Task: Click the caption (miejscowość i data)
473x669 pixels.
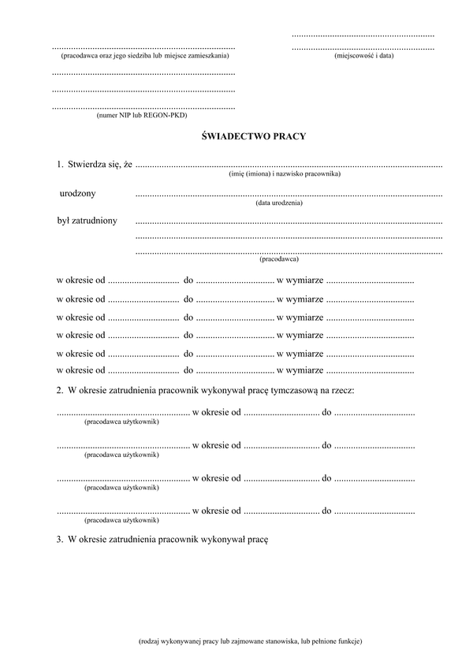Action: (363, 56)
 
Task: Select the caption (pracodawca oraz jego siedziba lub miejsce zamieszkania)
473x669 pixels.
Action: (144, 57)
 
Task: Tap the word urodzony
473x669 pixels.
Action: (78, 193)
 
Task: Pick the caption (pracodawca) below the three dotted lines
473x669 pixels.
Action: (278, 258)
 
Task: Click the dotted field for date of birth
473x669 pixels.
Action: (289, 195)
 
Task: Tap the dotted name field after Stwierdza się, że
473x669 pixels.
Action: (289, 166)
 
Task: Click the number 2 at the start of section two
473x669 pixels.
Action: (59, 391)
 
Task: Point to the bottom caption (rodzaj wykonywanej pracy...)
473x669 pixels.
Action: (250, 641)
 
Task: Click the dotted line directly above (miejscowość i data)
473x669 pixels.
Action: (363, 49)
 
